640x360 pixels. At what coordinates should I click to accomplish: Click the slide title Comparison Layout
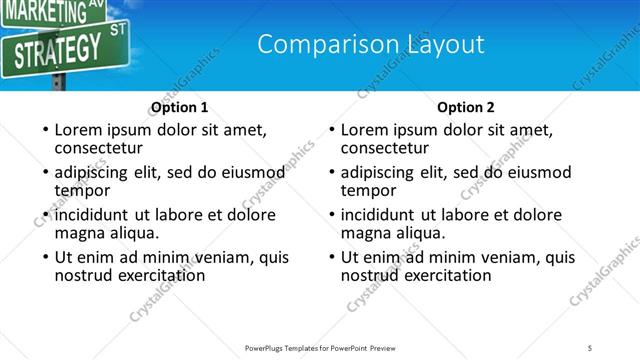[x=371, y=44]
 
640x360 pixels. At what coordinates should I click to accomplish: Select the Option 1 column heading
[x=180, y=107]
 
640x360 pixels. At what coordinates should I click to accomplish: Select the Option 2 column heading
[x=466, y=107]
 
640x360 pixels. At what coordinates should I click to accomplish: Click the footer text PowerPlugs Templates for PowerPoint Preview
[x=320, y=347]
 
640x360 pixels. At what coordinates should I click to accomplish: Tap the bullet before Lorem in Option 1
[x=44, y=130]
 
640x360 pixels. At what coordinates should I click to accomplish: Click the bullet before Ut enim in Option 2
[x=330, y=256]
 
